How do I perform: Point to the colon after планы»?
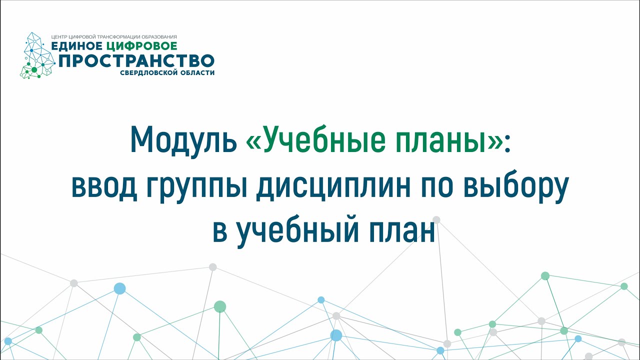tap(507, 142)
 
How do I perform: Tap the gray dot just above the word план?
tap(436, 219)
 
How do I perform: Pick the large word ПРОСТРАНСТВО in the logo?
tap(136, 61)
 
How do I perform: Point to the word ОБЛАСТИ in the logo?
tap(197, 73)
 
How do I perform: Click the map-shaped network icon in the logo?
tap(37, 55)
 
